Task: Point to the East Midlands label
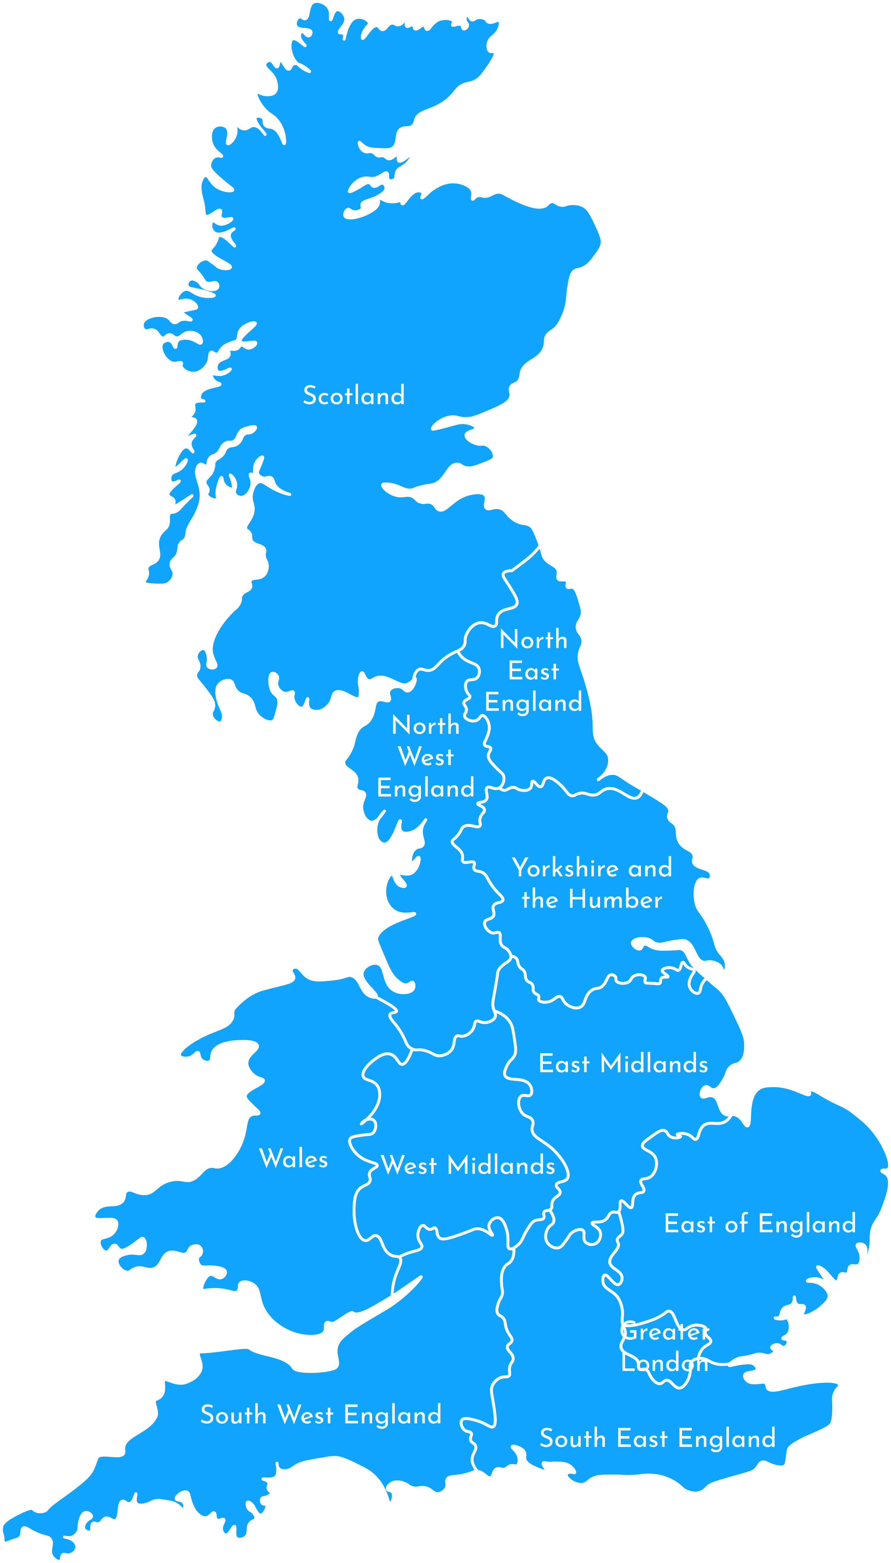point(623,1064)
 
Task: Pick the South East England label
point(657,1438)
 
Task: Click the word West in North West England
point(426,757)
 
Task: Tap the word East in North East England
point(534,671)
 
